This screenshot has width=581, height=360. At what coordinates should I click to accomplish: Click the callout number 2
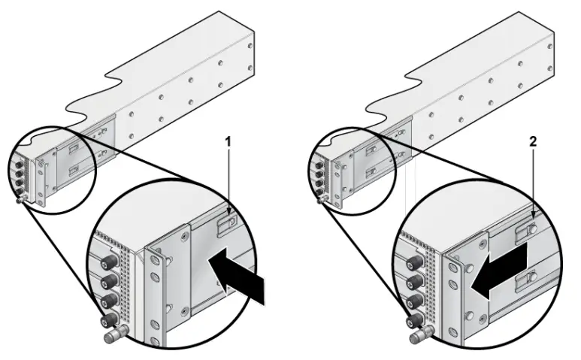pyautogui.click(x=533, y=141)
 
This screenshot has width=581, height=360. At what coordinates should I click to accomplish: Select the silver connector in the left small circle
pyautogui.click(x=19, y=200)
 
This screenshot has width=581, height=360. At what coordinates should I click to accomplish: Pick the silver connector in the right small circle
pyautogui.click(x=322, y=199)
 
